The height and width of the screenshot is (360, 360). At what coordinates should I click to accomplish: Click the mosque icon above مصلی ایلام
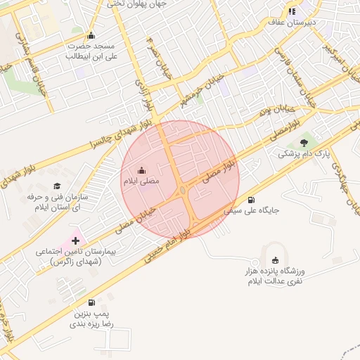[142, 170]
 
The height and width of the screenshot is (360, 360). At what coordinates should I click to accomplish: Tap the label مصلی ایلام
[141, 181]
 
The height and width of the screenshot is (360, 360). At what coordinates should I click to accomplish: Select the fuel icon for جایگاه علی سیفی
[251, 199]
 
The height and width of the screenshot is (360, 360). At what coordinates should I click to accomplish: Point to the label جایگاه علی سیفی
[252, 210]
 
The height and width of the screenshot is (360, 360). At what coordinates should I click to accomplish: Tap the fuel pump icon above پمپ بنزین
[92, 302]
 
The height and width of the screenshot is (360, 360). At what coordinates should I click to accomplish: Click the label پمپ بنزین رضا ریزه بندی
[91, 320]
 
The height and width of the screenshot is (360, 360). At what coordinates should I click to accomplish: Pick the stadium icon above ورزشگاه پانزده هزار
[275, 260]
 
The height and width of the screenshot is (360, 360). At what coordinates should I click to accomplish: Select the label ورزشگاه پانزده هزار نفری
[273, 276]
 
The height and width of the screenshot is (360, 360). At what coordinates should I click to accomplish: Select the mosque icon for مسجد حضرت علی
[90, 36]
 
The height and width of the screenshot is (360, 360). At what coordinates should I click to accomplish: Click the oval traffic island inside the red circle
[184, 190]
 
